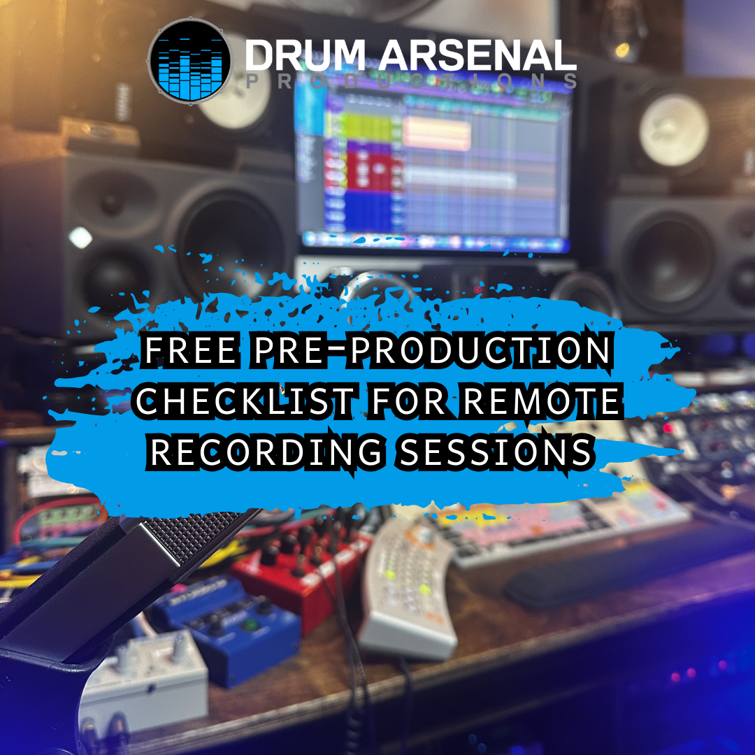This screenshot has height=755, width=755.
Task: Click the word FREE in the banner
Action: pos(188,350)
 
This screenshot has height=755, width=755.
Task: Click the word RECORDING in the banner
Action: pos(266,452)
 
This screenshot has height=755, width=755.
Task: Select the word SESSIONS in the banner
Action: pos(494,452)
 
